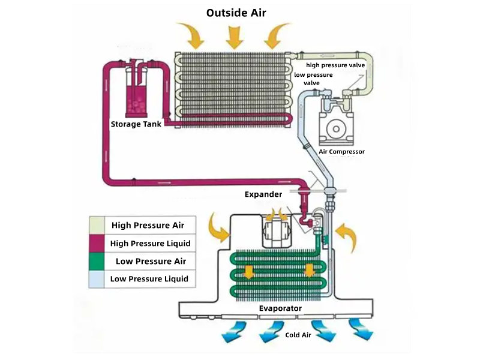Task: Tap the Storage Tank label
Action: [136, 124]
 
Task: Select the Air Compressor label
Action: [341, 152]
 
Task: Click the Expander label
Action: [263, 194]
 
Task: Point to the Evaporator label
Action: [280, 308]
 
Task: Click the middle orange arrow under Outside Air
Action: [234, 37]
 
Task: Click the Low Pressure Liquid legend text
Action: [149, 278]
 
